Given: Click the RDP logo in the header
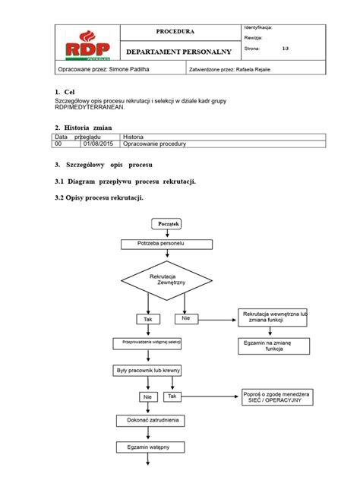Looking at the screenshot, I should coord(86,43).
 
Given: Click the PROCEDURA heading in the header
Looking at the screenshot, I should coord(175,32).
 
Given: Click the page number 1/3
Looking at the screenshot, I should coord(285,48).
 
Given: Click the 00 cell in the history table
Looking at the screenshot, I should coord(58,143).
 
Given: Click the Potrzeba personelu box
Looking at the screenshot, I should coord(166,244).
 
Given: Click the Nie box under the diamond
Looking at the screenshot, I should coord(185,318).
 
